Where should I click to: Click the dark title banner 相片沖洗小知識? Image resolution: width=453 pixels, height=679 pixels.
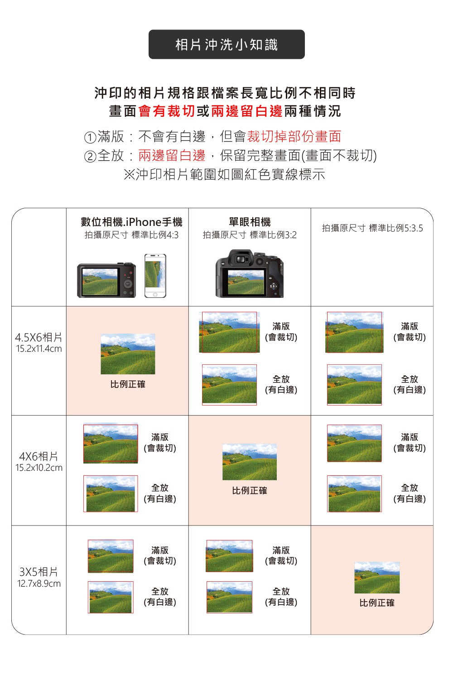(x=226, y=44)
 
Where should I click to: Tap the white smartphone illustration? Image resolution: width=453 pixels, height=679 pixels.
(x=155, y=276)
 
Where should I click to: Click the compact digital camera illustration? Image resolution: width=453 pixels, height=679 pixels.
(x=106, y=280)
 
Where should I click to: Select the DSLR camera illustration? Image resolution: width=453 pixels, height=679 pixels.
(x=250, y=274)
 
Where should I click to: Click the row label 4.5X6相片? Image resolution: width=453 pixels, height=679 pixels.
(x=39, y=337)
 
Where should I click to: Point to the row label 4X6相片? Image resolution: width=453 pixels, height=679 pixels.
(x=39, y=456)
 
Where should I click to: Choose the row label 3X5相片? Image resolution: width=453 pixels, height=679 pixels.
(x=39, y=572)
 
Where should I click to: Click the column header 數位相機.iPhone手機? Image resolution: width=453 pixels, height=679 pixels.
(x=131, y=222)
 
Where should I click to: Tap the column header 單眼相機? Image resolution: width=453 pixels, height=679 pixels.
(x=250, y=222)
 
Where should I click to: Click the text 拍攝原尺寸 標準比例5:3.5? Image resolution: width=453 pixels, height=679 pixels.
(x=372, y=228)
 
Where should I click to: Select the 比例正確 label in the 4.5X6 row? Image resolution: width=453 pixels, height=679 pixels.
(x=128, y=384)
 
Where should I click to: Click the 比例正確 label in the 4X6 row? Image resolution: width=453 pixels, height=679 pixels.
(x=250, y=491)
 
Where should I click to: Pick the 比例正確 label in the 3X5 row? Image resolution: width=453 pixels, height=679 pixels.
(x=377, y=603)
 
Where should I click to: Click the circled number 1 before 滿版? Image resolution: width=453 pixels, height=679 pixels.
(x=90, y=137)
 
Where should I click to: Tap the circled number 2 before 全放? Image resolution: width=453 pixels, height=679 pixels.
(x=90, y=157)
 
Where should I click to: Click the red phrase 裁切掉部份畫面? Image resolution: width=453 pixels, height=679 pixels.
(x=294, y=136)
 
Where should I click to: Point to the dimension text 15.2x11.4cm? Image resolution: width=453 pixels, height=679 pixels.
(x=39, y=349)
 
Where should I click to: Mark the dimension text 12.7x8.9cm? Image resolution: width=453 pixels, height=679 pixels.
(x=39, y=583)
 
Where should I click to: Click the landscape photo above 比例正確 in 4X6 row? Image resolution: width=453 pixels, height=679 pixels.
(x=250, y=462)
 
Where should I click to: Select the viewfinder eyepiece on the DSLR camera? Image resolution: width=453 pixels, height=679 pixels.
(x=240, y=259)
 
